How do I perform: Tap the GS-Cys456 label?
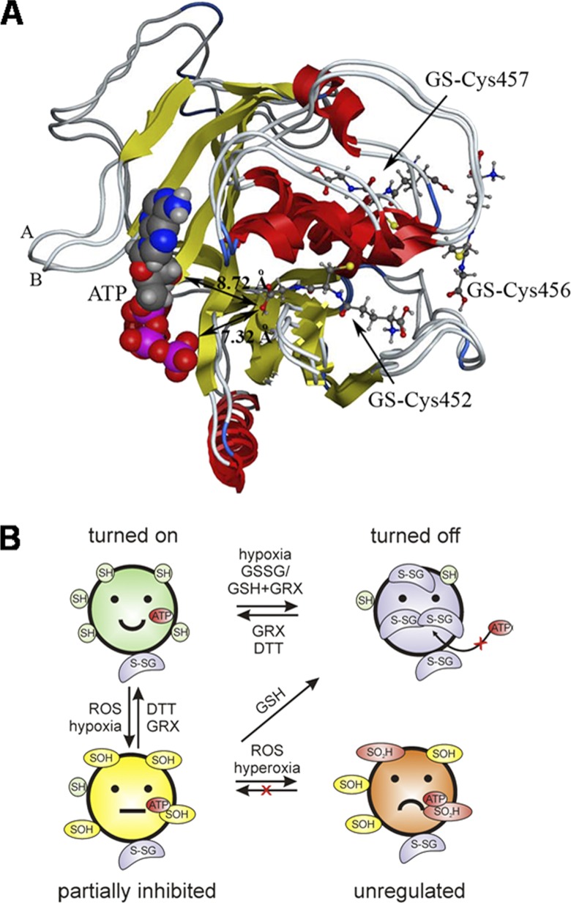518,290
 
